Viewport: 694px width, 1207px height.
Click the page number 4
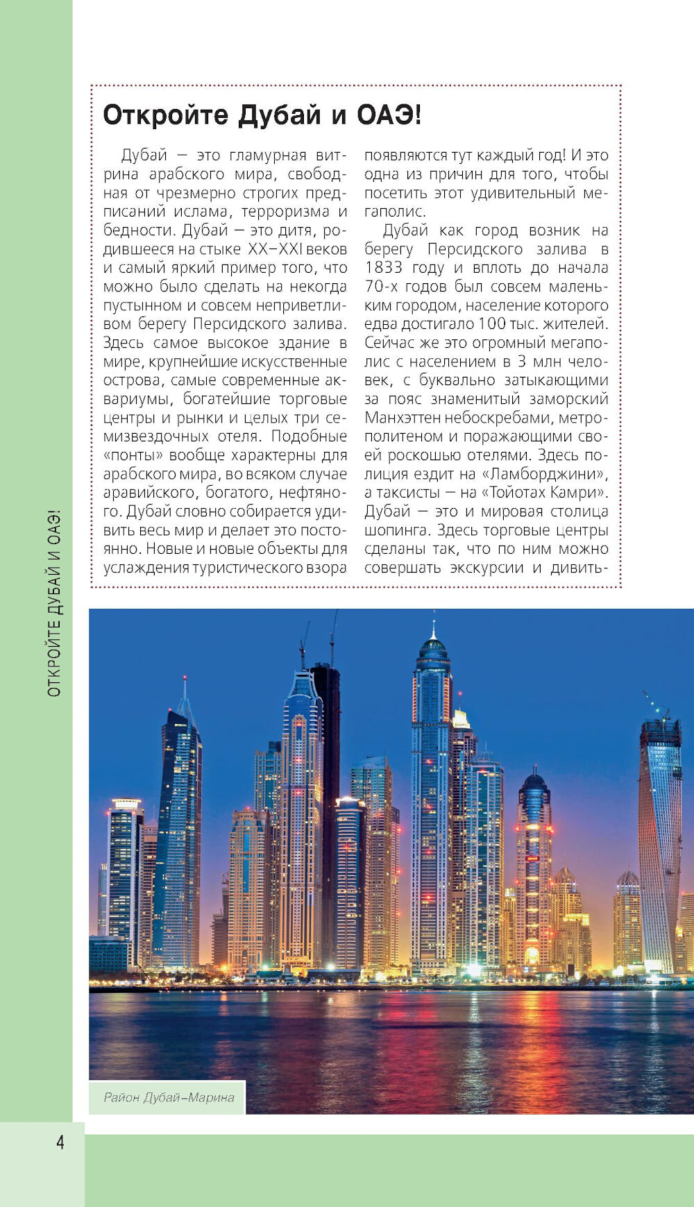pos(60,1142)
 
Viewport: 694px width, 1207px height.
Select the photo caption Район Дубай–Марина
pos(169,1097)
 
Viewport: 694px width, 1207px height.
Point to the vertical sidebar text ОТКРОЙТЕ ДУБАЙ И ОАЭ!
pos(54,603)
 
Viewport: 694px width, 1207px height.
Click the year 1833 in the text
pos(383,268)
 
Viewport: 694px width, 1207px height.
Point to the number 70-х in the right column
pos(380,287)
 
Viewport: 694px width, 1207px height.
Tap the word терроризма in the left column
pos(280,212)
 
